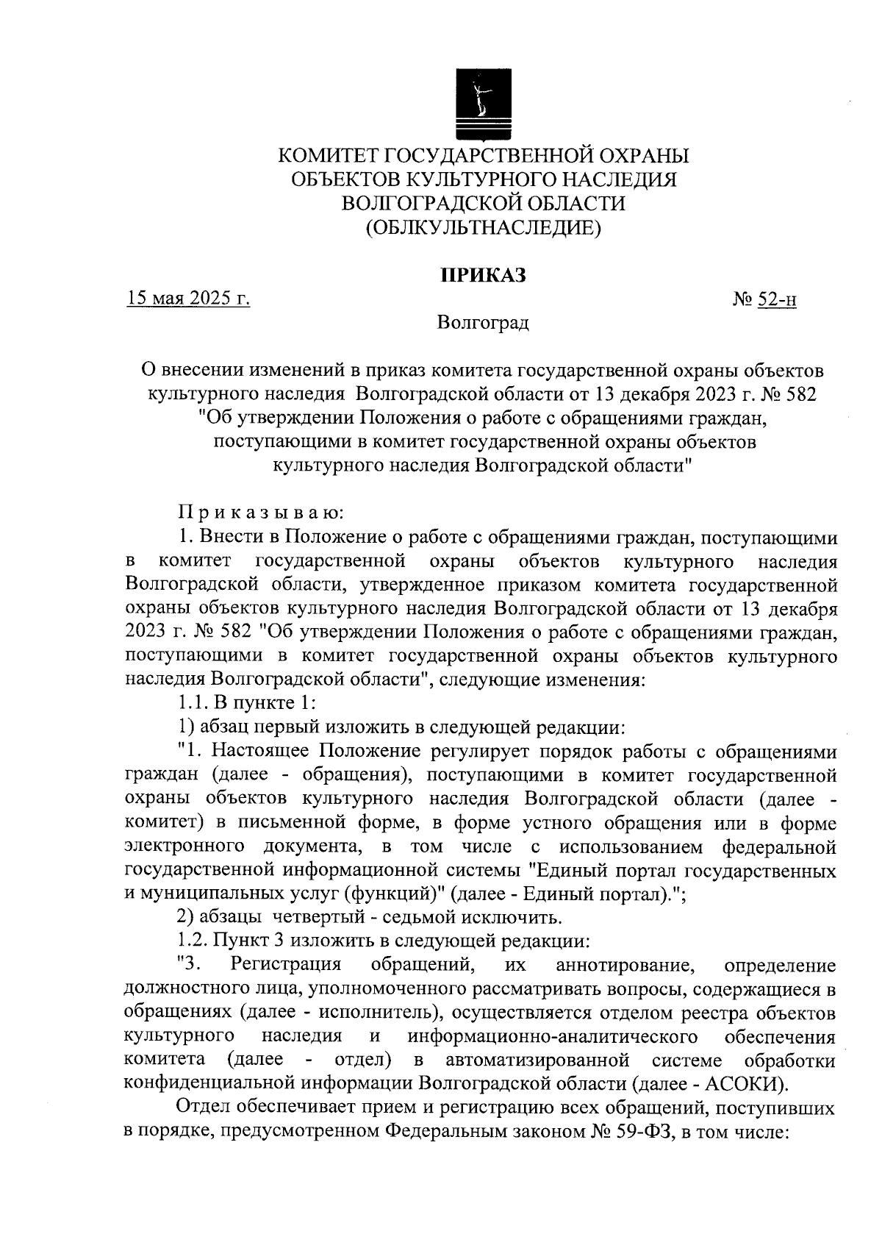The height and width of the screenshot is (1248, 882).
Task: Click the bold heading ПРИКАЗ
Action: tap(484, 275)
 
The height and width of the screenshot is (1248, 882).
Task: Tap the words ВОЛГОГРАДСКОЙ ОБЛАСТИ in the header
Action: tap(484, 204)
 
